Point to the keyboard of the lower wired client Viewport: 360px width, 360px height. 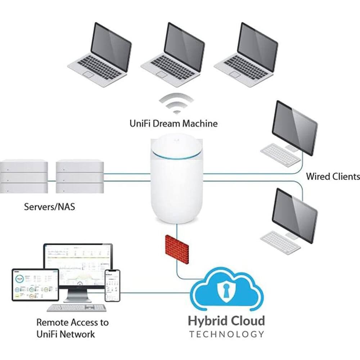click(280, 242)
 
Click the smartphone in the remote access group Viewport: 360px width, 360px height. click(112, 286)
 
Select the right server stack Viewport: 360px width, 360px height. click(80, 177)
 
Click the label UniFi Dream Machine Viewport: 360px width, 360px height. click(174, 124)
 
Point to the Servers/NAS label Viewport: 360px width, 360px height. click(50, 207)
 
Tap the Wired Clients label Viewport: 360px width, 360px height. click(333, 176)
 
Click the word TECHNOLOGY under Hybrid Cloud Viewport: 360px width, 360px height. click(226, 334)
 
